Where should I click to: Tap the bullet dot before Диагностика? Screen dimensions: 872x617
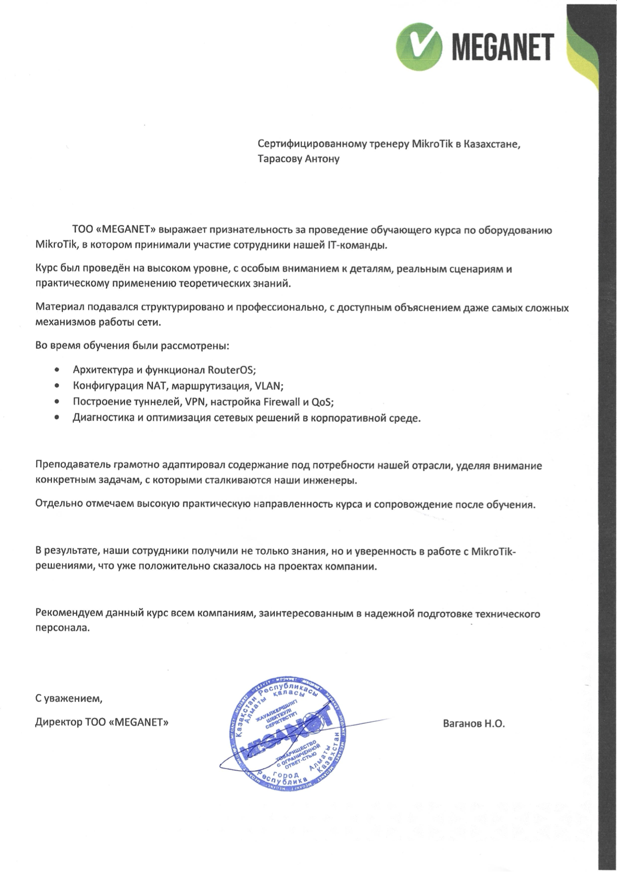(x=57, y=418)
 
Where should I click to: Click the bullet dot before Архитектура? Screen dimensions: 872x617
(x=57, y=370)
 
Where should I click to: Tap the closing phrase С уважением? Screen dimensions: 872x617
(x=69, y=698)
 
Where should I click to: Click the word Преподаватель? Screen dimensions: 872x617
(x=72, y=465)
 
